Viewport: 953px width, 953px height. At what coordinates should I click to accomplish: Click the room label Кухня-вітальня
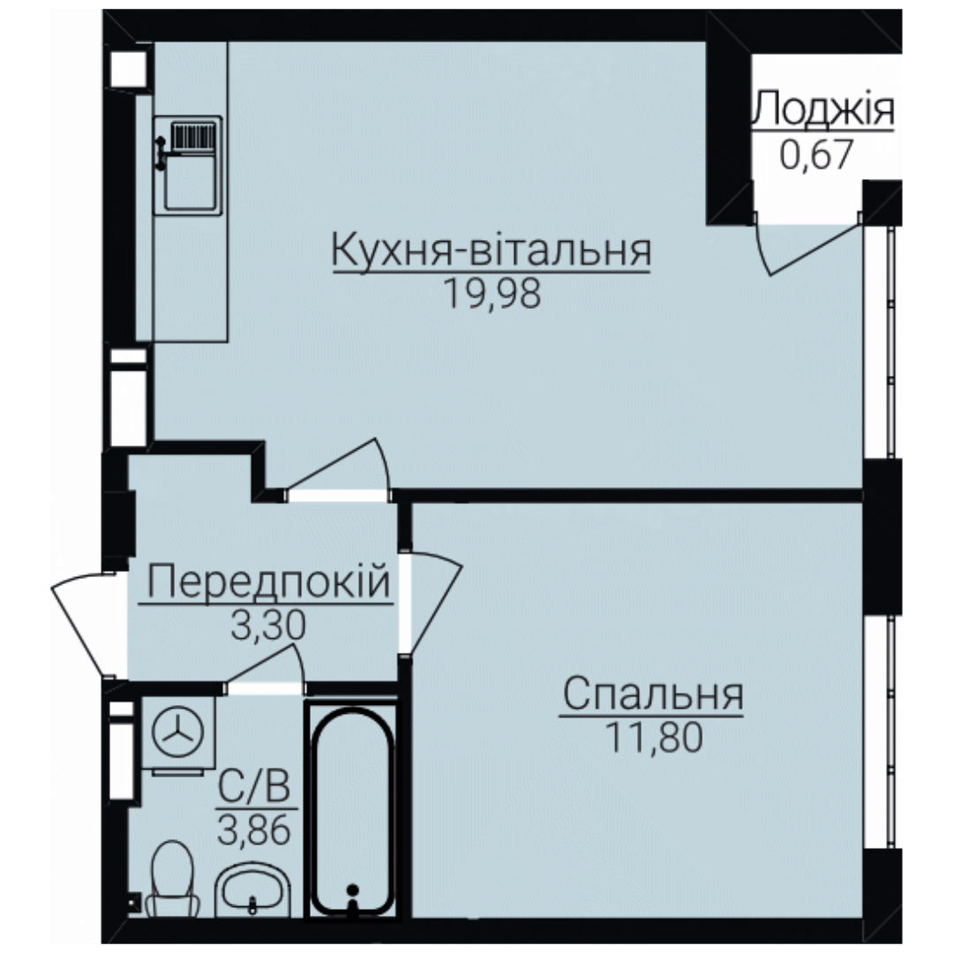click(x=492, y=251)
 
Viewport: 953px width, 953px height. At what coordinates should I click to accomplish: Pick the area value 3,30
click(x=268, y=626)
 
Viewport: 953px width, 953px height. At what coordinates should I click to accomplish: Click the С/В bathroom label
click(x=255, y=787)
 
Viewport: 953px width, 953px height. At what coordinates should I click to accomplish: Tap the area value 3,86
click(x=255, y=830)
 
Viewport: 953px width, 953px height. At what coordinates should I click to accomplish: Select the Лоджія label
click(x=823, y=109)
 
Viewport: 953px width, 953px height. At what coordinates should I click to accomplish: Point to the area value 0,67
click(x=817, y=154)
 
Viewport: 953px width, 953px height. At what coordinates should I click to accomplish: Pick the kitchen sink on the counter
click(x=188, y=165)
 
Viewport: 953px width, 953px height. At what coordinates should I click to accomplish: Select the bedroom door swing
click(x=431, y=601)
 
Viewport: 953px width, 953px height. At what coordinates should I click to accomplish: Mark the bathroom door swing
click(x=265, y=669)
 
